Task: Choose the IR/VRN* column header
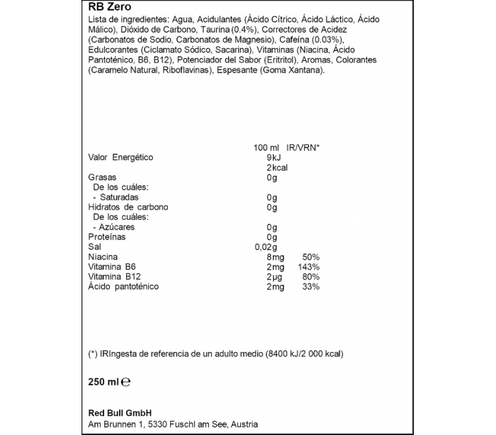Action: coord(302,147)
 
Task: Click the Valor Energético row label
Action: coord(120,157)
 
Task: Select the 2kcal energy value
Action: coord(272,167)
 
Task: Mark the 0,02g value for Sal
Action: coord(264,247)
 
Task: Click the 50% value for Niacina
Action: coord(311,256)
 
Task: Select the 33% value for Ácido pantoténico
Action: coord(311,287)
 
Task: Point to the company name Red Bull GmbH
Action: coord(120,413)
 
